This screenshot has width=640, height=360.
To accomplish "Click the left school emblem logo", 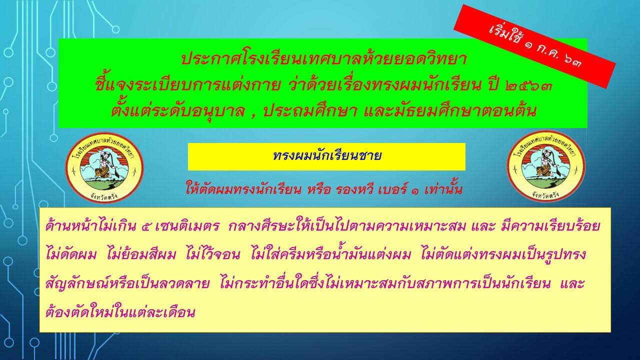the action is (x=104, y=167).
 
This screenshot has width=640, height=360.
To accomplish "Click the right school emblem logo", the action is (x=546, y=166).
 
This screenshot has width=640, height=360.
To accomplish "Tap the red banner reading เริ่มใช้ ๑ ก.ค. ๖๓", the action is (x=534, y=46).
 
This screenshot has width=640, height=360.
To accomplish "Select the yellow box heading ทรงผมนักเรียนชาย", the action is (x=326, y=156).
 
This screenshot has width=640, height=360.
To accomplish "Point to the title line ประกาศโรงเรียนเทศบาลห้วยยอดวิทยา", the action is (x=323, y=59).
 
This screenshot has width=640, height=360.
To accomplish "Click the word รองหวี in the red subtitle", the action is (x=354, y=189).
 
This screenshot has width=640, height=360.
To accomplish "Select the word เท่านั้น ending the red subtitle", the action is (x=443, y=188).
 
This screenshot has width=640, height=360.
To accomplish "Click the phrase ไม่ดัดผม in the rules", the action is (x=71, y=254).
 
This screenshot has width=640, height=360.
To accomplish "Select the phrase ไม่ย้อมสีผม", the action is (x=141, y=254).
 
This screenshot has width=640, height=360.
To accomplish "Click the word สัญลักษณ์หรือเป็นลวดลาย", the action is (x=127, y=283).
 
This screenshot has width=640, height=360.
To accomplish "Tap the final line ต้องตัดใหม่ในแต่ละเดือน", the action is (x=120, y=311).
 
